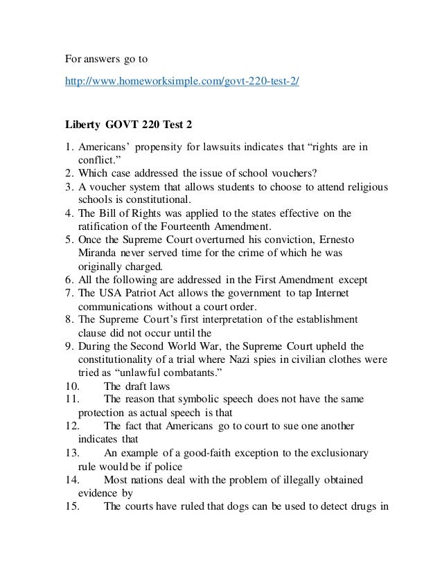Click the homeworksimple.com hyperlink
click(x=183, y=80)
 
